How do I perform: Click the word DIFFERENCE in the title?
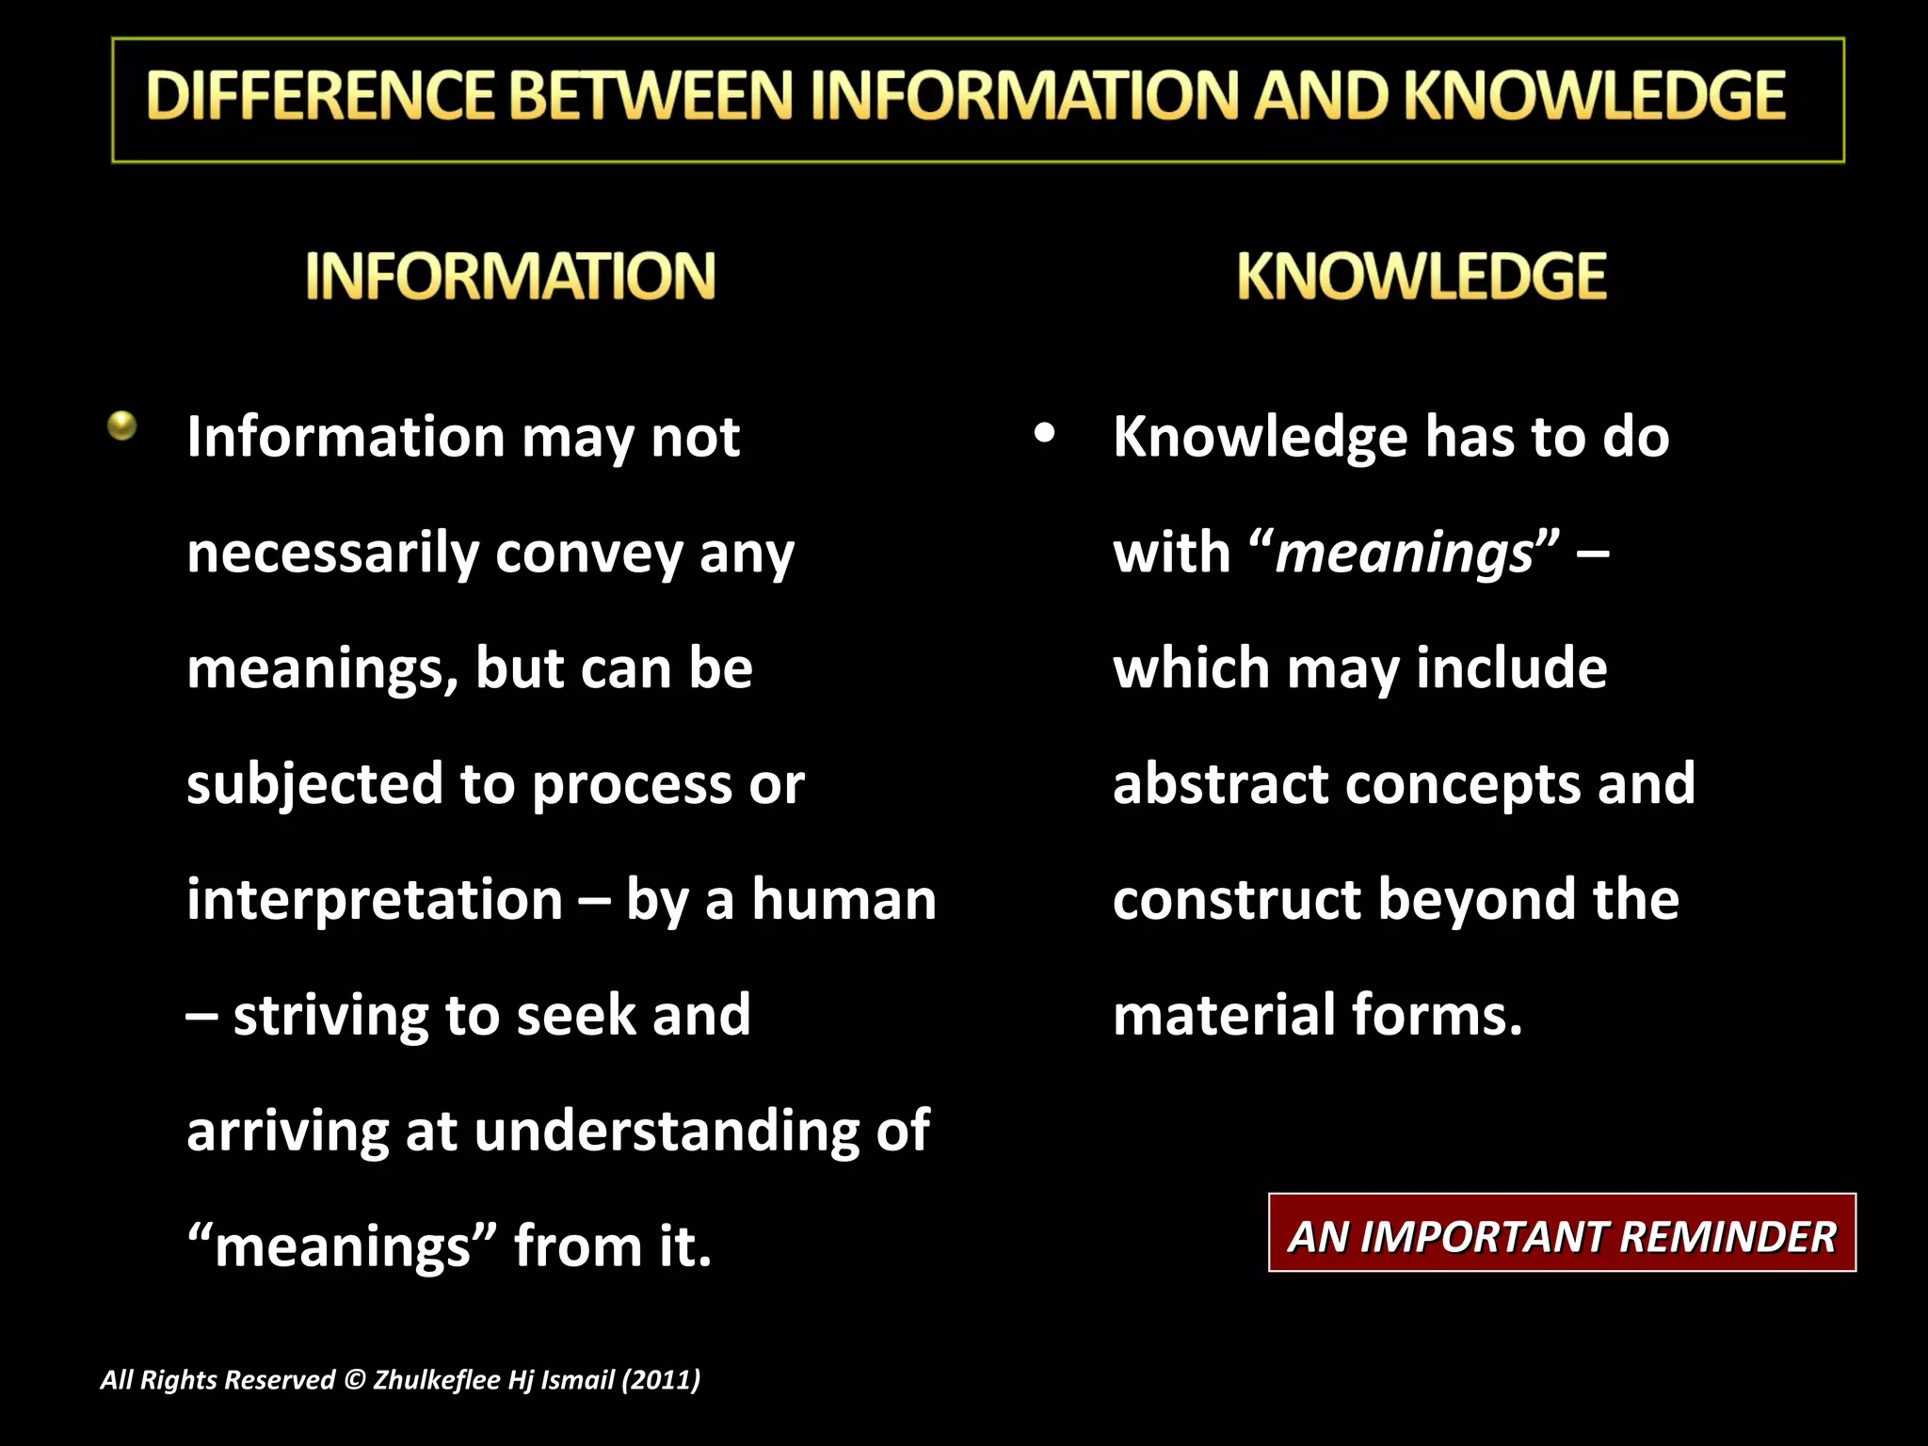pyautogui.click(x=320, y=96)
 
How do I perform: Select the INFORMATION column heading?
pyautogui.click(x=510, y=276)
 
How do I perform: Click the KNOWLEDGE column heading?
pyautogui.click(x=1422, y=276)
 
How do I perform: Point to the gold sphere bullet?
pyautogui.click(x=122, y=426)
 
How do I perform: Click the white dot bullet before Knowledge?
pyautogui.click(x=1043, y=434)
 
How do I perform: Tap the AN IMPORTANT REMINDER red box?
pyautogui.click(x=1562, y=1236)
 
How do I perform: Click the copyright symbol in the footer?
pyautogui.click(x=354, y=1380)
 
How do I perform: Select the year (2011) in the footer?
pyautogui.click(x=661, y=1380)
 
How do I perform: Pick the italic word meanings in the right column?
pyautogui.click(x=1404, y=554)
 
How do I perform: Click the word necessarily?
pyautogui.click(x=333, y=554)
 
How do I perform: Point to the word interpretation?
pyautogui.click(x=375, y=900)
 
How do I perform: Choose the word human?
pyautogui.click(x=844, y=900)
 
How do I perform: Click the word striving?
pyautogui.click(x=330, y=1017)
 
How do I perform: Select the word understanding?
pyautogui.click(x=667, y=1132)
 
